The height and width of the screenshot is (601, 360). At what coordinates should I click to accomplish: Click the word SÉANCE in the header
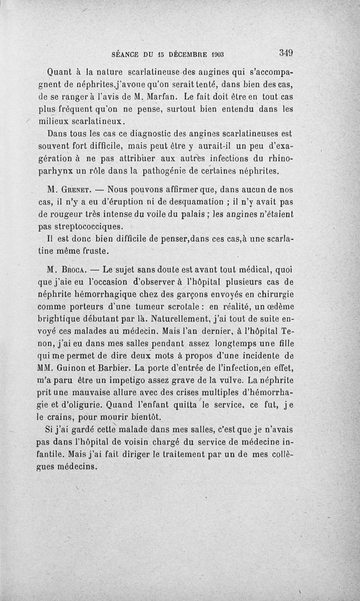[x=126, y=55]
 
